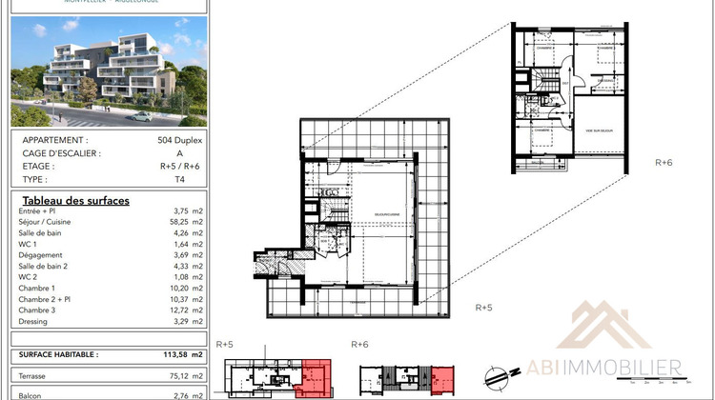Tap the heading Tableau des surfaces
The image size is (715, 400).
tap(74, 201)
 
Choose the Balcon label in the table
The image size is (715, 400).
tap(32, 392)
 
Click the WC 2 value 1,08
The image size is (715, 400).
tap(179, 277)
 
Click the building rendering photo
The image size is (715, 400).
tap(108, 71)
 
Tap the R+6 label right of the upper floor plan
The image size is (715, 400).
tap(664, 163)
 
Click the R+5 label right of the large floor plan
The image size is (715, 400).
tap(483, 308)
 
